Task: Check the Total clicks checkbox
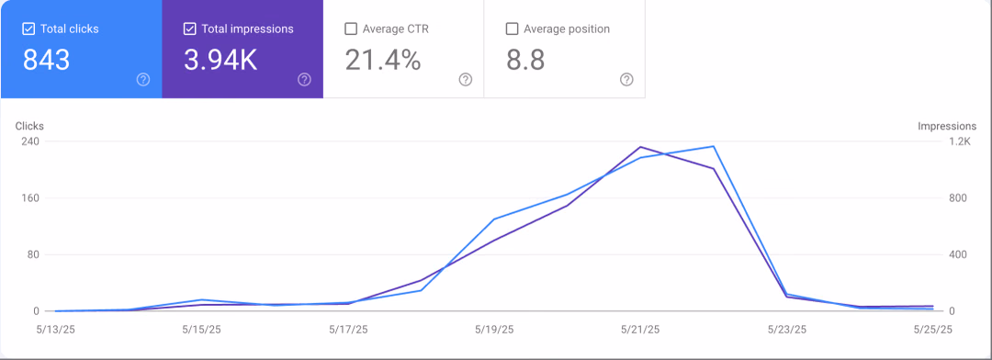[x=28, y=28]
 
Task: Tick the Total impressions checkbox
[x=189, y=28]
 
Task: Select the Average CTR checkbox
[x=351, y=28]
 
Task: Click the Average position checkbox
[x=512, y=28]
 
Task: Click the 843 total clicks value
[x=46, y=60]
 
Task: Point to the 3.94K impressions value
[x=220, y=60]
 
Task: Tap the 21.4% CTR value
[x=383, y=60]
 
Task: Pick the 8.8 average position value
[x=525, y=60]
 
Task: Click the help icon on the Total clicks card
[x=143, y=79]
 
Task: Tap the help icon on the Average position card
[x=626, y=79]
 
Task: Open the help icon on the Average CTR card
[x=466, y=79]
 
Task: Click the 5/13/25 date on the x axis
[x=55, y=329]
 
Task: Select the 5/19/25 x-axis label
[x=494, y=329]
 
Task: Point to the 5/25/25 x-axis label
[x=932, y=329]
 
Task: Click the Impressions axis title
[x=947, y=126]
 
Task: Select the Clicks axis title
[x=29, y=126]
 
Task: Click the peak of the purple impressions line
[x=641, y=147]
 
